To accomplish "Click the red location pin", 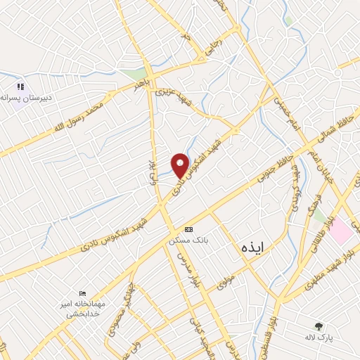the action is click(x=180, y=165).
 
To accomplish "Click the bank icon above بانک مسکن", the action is click(x=188, y=229).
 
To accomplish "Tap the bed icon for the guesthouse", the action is click(x=83, y=293).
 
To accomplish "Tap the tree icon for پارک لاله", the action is click(x=320, y=326).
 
